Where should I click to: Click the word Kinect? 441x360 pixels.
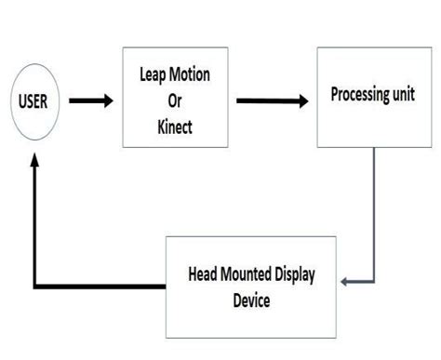pyautogui.click(x=174, y=127)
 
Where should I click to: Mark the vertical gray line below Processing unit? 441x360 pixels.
pyautogui.click(x=375, y=214)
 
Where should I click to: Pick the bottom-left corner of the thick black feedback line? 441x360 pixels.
pyautogui.click(x=35, y=285)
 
